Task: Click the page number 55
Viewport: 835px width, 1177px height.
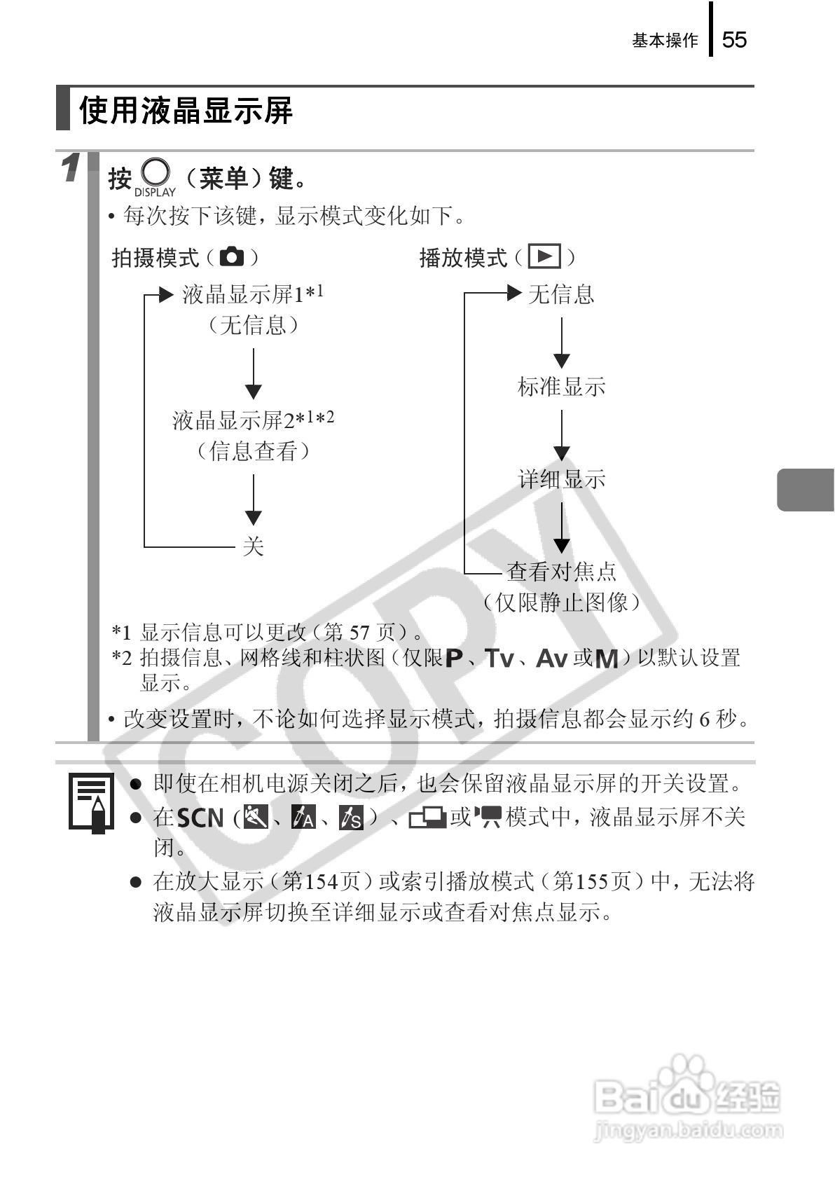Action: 734,40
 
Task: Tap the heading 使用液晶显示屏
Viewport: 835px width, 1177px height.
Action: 186,111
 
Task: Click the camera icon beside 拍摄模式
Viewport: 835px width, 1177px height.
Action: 232,257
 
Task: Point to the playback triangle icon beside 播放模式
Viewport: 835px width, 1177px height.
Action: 544,257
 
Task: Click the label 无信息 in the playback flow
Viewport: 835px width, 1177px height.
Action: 561,294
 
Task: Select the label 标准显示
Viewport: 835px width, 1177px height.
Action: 561,387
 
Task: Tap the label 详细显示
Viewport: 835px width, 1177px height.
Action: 561,479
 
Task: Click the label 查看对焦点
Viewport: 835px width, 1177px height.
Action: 561,572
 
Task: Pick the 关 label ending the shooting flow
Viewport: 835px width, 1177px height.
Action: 253,546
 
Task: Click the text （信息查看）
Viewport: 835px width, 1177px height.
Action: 253,450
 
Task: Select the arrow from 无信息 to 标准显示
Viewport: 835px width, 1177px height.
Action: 561,343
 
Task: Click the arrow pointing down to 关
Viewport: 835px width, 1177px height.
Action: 253,500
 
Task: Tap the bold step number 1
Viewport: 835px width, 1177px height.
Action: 70,169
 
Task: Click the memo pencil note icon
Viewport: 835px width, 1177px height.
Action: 91,800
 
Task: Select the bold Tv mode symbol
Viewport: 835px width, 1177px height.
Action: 499,659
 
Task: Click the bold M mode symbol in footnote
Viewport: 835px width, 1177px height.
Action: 606,659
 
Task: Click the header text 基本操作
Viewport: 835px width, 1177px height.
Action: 665,41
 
